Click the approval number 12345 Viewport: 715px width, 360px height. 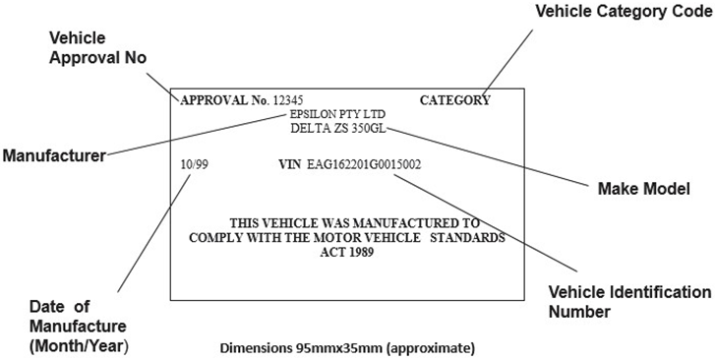288,100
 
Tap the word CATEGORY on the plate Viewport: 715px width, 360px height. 454,100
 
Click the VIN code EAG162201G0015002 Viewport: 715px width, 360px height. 364,163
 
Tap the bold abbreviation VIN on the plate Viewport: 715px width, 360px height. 289,163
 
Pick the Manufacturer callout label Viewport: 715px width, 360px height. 53,155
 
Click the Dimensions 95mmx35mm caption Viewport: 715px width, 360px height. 349,348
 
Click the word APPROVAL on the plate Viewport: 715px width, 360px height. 211,100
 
